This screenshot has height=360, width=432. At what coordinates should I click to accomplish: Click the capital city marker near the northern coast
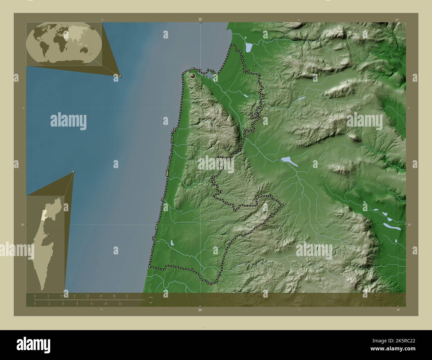(x=192, y=76)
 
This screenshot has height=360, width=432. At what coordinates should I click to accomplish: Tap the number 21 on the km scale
(x=127, y=296)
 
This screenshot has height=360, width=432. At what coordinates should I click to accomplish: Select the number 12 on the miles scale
(x=120, y=304)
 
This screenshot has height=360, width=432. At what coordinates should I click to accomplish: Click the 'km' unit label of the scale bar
(x=151, y=297)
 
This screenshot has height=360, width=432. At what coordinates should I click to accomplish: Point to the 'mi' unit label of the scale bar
(x=151, y=303)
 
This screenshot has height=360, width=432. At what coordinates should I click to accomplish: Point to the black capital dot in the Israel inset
(x=49, y=235)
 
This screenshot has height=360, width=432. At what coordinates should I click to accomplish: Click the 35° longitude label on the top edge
(x=200, y=20)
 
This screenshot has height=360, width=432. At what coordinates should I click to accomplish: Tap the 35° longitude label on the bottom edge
(x=200, y=310)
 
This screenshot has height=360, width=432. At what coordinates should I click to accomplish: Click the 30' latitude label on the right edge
(x=409, y=225)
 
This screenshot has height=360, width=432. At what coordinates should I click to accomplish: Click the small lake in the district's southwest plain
(x=172, y=243)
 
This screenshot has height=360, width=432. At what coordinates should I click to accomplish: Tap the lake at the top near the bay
(x=249, y=48)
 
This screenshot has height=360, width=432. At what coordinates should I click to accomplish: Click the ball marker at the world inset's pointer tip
(x=120, y=76)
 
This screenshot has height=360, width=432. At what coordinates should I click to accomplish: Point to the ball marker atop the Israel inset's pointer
(x=73, y=172)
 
